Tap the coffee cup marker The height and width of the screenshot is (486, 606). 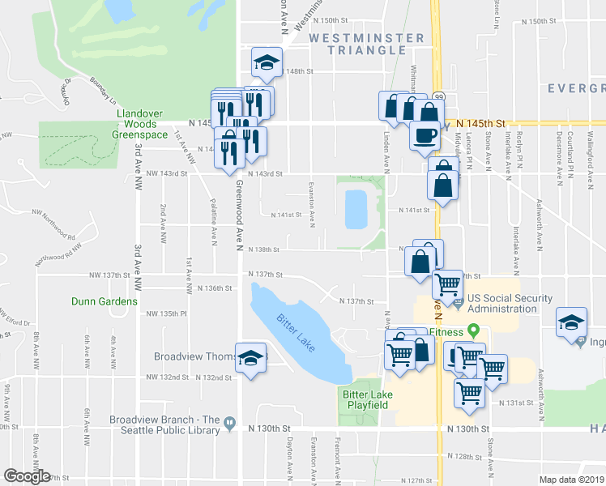point(424,134)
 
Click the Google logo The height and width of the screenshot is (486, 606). point(28,476)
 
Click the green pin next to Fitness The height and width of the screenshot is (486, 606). point(475,331)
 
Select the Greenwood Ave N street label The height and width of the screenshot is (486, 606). point(240,215)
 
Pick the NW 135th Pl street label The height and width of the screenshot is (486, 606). point(166,313)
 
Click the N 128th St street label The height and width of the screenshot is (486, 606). point(467,456)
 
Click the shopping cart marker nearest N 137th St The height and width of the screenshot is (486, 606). point(447,284)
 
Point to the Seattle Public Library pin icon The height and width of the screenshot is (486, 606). point(230,423)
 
